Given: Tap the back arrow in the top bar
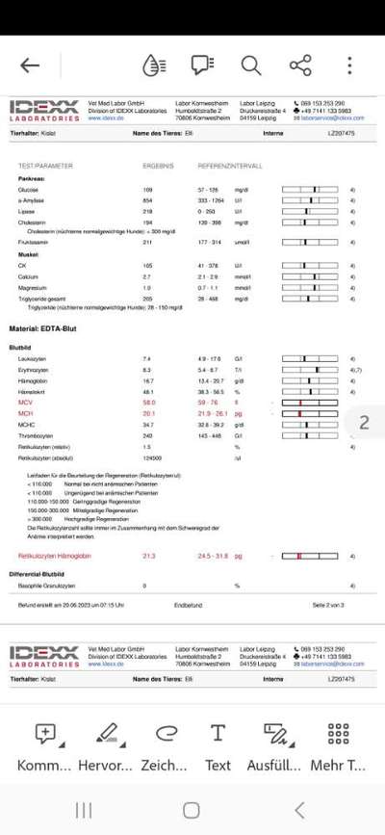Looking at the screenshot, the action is click(x=30, y=65).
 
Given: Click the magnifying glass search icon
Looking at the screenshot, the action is click(x=250, y=65).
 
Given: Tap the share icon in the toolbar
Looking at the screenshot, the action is click(x=299, y=65).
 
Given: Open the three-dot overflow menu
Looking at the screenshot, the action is click(x=349, y=65).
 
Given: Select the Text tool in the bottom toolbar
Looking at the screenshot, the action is click(x=218, y=747).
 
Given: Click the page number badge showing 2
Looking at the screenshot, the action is click(x=364, y=423).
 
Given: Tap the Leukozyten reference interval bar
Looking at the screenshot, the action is click(x=310, y=358).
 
